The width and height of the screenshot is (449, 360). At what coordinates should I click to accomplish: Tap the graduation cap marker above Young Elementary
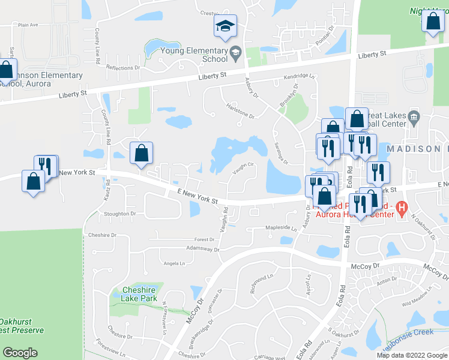[x=226, y=26]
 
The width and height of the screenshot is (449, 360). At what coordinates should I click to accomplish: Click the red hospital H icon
[x=403, y=209]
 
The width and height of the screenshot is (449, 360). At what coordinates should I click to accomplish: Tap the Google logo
[x=20, y=353]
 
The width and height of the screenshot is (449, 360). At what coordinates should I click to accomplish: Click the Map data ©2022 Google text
[x=412, y=355]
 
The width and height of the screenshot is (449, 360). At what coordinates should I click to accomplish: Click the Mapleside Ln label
[x=282, y=228]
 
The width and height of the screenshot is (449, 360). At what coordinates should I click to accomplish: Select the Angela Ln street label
[x=174, y=263]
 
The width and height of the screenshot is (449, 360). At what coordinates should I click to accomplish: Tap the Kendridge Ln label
[x=299, y=77]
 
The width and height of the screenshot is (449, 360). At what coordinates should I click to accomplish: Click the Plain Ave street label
[x=28, y=25]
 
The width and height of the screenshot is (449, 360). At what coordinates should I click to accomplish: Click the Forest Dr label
[x=204, y=238]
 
